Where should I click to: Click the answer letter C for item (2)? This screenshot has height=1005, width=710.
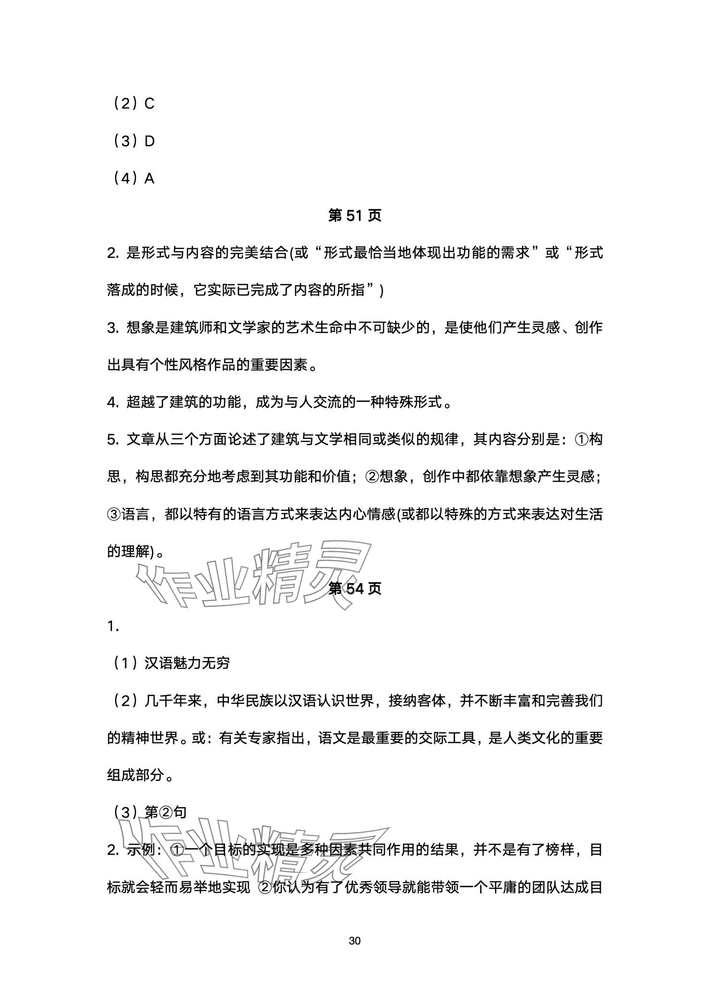[x=149, y=103]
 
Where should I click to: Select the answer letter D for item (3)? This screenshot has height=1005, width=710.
[x=149, y=141]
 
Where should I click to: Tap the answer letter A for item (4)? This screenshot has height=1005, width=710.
[x=149, y=178]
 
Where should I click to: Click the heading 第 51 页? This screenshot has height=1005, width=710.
[x=355, y=216]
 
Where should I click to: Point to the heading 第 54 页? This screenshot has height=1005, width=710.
[x=355, y=588]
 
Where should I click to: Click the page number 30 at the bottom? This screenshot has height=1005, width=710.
[x=355, y=941]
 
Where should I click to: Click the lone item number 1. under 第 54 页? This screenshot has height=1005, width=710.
[x=113, y=626]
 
